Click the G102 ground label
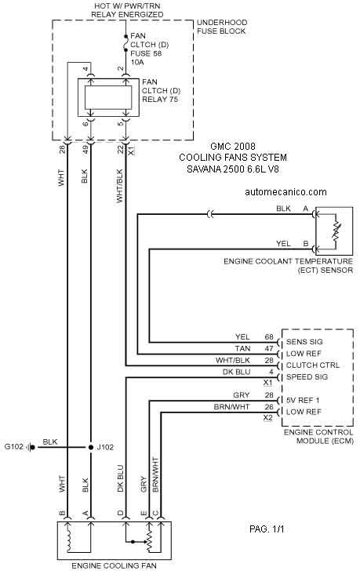(13, 447)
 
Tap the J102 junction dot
(91, 447)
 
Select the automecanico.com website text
(285, 192)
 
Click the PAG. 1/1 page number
(267, 529)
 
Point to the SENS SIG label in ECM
(304, 342)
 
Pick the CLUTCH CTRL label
(313, 365)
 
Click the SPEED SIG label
(307, 377)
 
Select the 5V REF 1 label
(304, 400)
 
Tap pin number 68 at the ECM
(269, 336)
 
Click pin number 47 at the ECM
(269, 348)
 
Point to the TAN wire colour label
(243, 348)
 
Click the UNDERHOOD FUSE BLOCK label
(221, 27)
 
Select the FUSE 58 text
(146, 53)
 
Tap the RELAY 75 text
(160, 100)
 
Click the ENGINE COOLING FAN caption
(114, 565)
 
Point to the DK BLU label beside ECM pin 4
(237, 372)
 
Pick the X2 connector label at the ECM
(268, 417)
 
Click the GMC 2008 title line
(233, 147)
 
